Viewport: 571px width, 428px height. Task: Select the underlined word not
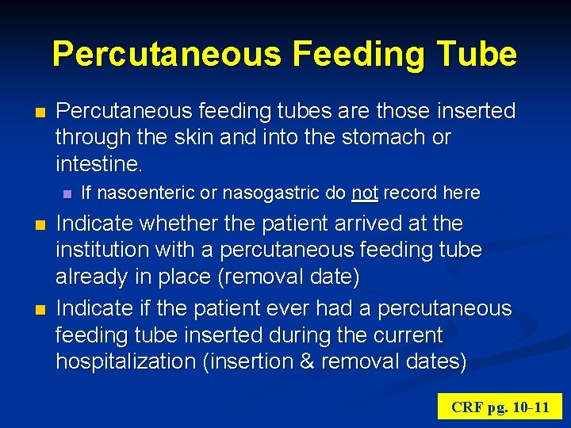point(364,193)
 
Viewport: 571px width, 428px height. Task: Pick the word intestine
point(98,164)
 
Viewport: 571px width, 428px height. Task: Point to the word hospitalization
point(127,361)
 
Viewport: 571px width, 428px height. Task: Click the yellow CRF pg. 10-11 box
point(500,407)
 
